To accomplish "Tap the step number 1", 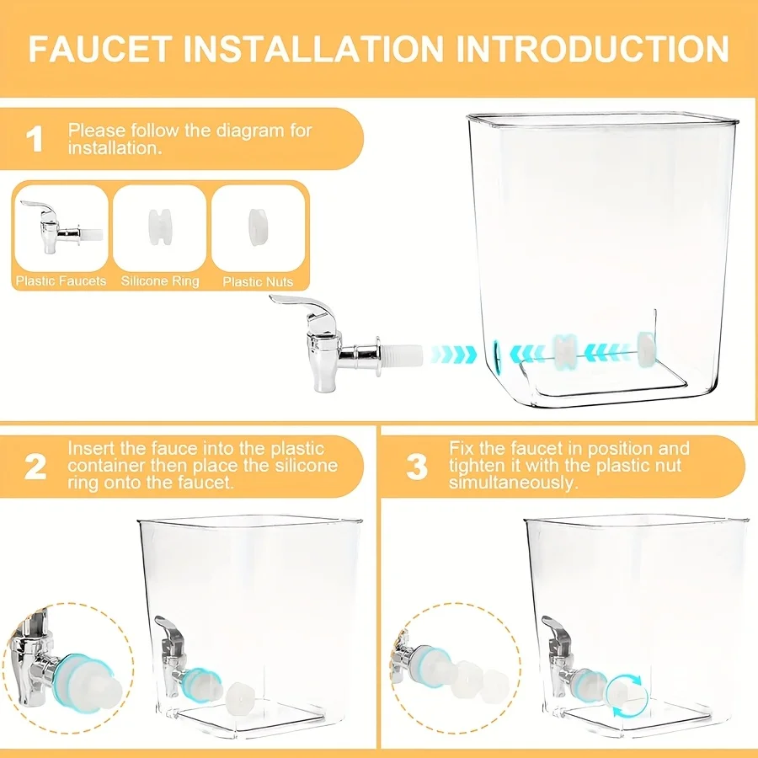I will (35, 139).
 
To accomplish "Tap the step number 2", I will (35, 466).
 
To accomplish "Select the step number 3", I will (416, 466).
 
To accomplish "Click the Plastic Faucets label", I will (61, 281).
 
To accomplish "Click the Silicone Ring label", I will (160, 281).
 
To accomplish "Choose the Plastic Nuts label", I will (258, 281).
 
